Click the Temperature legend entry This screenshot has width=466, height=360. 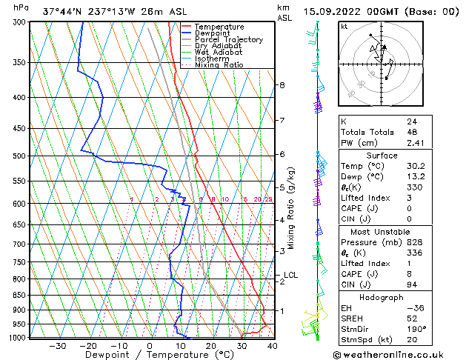pyautogui.click(x=220, y=27)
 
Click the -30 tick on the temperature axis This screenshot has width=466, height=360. pyautogui.click(x=57, y=346)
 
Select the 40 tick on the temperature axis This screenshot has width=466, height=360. pyautogui.click(x=273, y=346)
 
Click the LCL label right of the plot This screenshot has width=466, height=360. pyautogui.click(x=291, y=276)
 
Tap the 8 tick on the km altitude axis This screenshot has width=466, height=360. pyautogui.click(x=282, y=85)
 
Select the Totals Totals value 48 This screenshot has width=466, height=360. pyautogui.click(x=411, y=133)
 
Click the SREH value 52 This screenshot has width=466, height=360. pyautogui.click(x=411, y=318)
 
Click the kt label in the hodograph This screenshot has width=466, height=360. pyautogui.click(x=344, y=27)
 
